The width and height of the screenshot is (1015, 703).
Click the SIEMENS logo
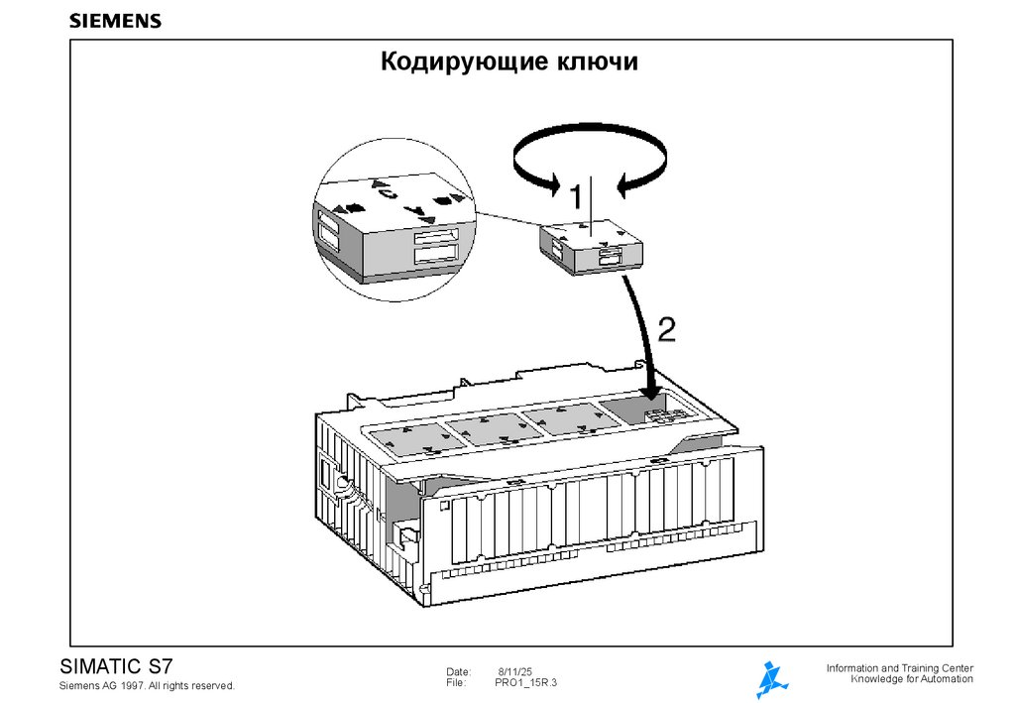(116, 21)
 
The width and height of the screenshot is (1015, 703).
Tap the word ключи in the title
(597, 63)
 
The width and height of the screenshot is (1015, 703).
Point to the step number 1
(571, 194)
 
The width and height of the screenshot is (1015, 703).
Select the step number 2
(667, 329)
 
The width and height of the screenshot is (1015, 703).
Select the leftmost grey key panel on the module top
(414, 437)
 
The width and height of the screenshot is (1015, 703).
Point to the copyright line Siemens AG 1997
(147, 686)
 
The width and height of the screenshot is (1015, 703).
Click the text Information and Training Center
(899, 668)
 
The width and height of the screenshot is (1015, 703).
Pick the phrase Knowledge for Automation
(912, 679)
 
